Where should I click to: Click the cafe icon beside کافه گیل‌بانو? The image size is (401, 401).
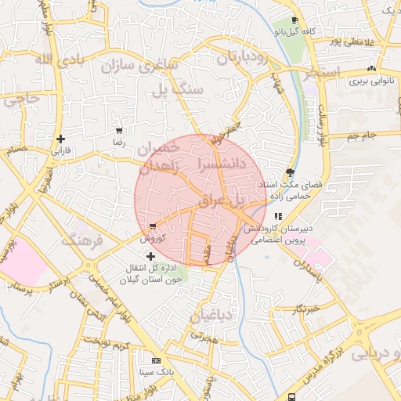coord(294,20)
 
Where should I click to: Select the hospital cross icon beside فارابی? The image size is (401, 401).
coord(60,139)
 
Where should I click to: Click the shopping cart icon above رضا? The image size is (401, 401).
coord(118,132)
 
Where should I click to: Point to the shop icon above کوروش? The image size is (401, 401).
coord(152,226)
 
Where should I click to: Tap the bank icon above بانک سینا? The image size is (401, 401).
coord(155,360)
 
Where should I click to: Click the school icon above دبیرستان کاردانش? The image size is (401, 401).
coord(277,216)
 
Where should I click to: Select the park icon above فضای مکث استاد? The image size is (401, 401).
coord(291,172)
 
